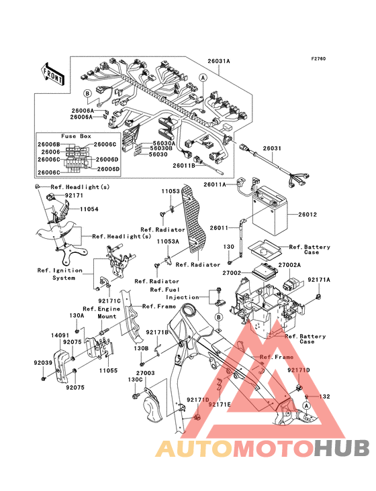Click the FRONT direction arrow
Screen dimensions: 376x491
[53, 74]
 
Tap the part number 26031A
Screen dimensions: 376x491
[219, 61]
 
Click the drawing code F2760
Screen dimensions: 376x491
[318, 58]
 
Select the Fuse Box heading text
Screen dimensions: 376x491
[76, 136]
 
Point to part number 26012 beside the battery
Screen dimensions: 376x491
[308, 215]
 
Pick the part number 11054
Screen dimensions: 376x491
[89, 209]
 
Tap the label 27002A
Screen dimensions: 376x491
[289, 265]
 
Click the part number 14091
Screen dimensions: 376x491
[60, 335]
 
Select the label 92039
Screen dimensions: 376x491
[43, 363]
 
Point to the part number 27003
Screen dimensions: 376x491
[146, 373]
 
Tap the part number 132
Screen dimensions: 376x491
[324, 396]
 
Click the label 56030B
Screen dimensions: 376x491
[161, 148]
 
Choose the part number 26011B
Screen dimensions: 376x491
[184, 165]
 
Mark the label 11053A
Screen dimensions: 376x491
[168, 241]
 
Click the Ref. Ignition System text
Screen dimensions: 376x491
[60, 274]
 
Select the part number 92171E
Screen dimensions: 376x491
[220, 404]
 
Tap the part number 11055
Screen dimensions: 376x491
[108, 370]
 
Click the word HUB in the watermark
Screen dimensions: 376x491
[342, 448]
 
